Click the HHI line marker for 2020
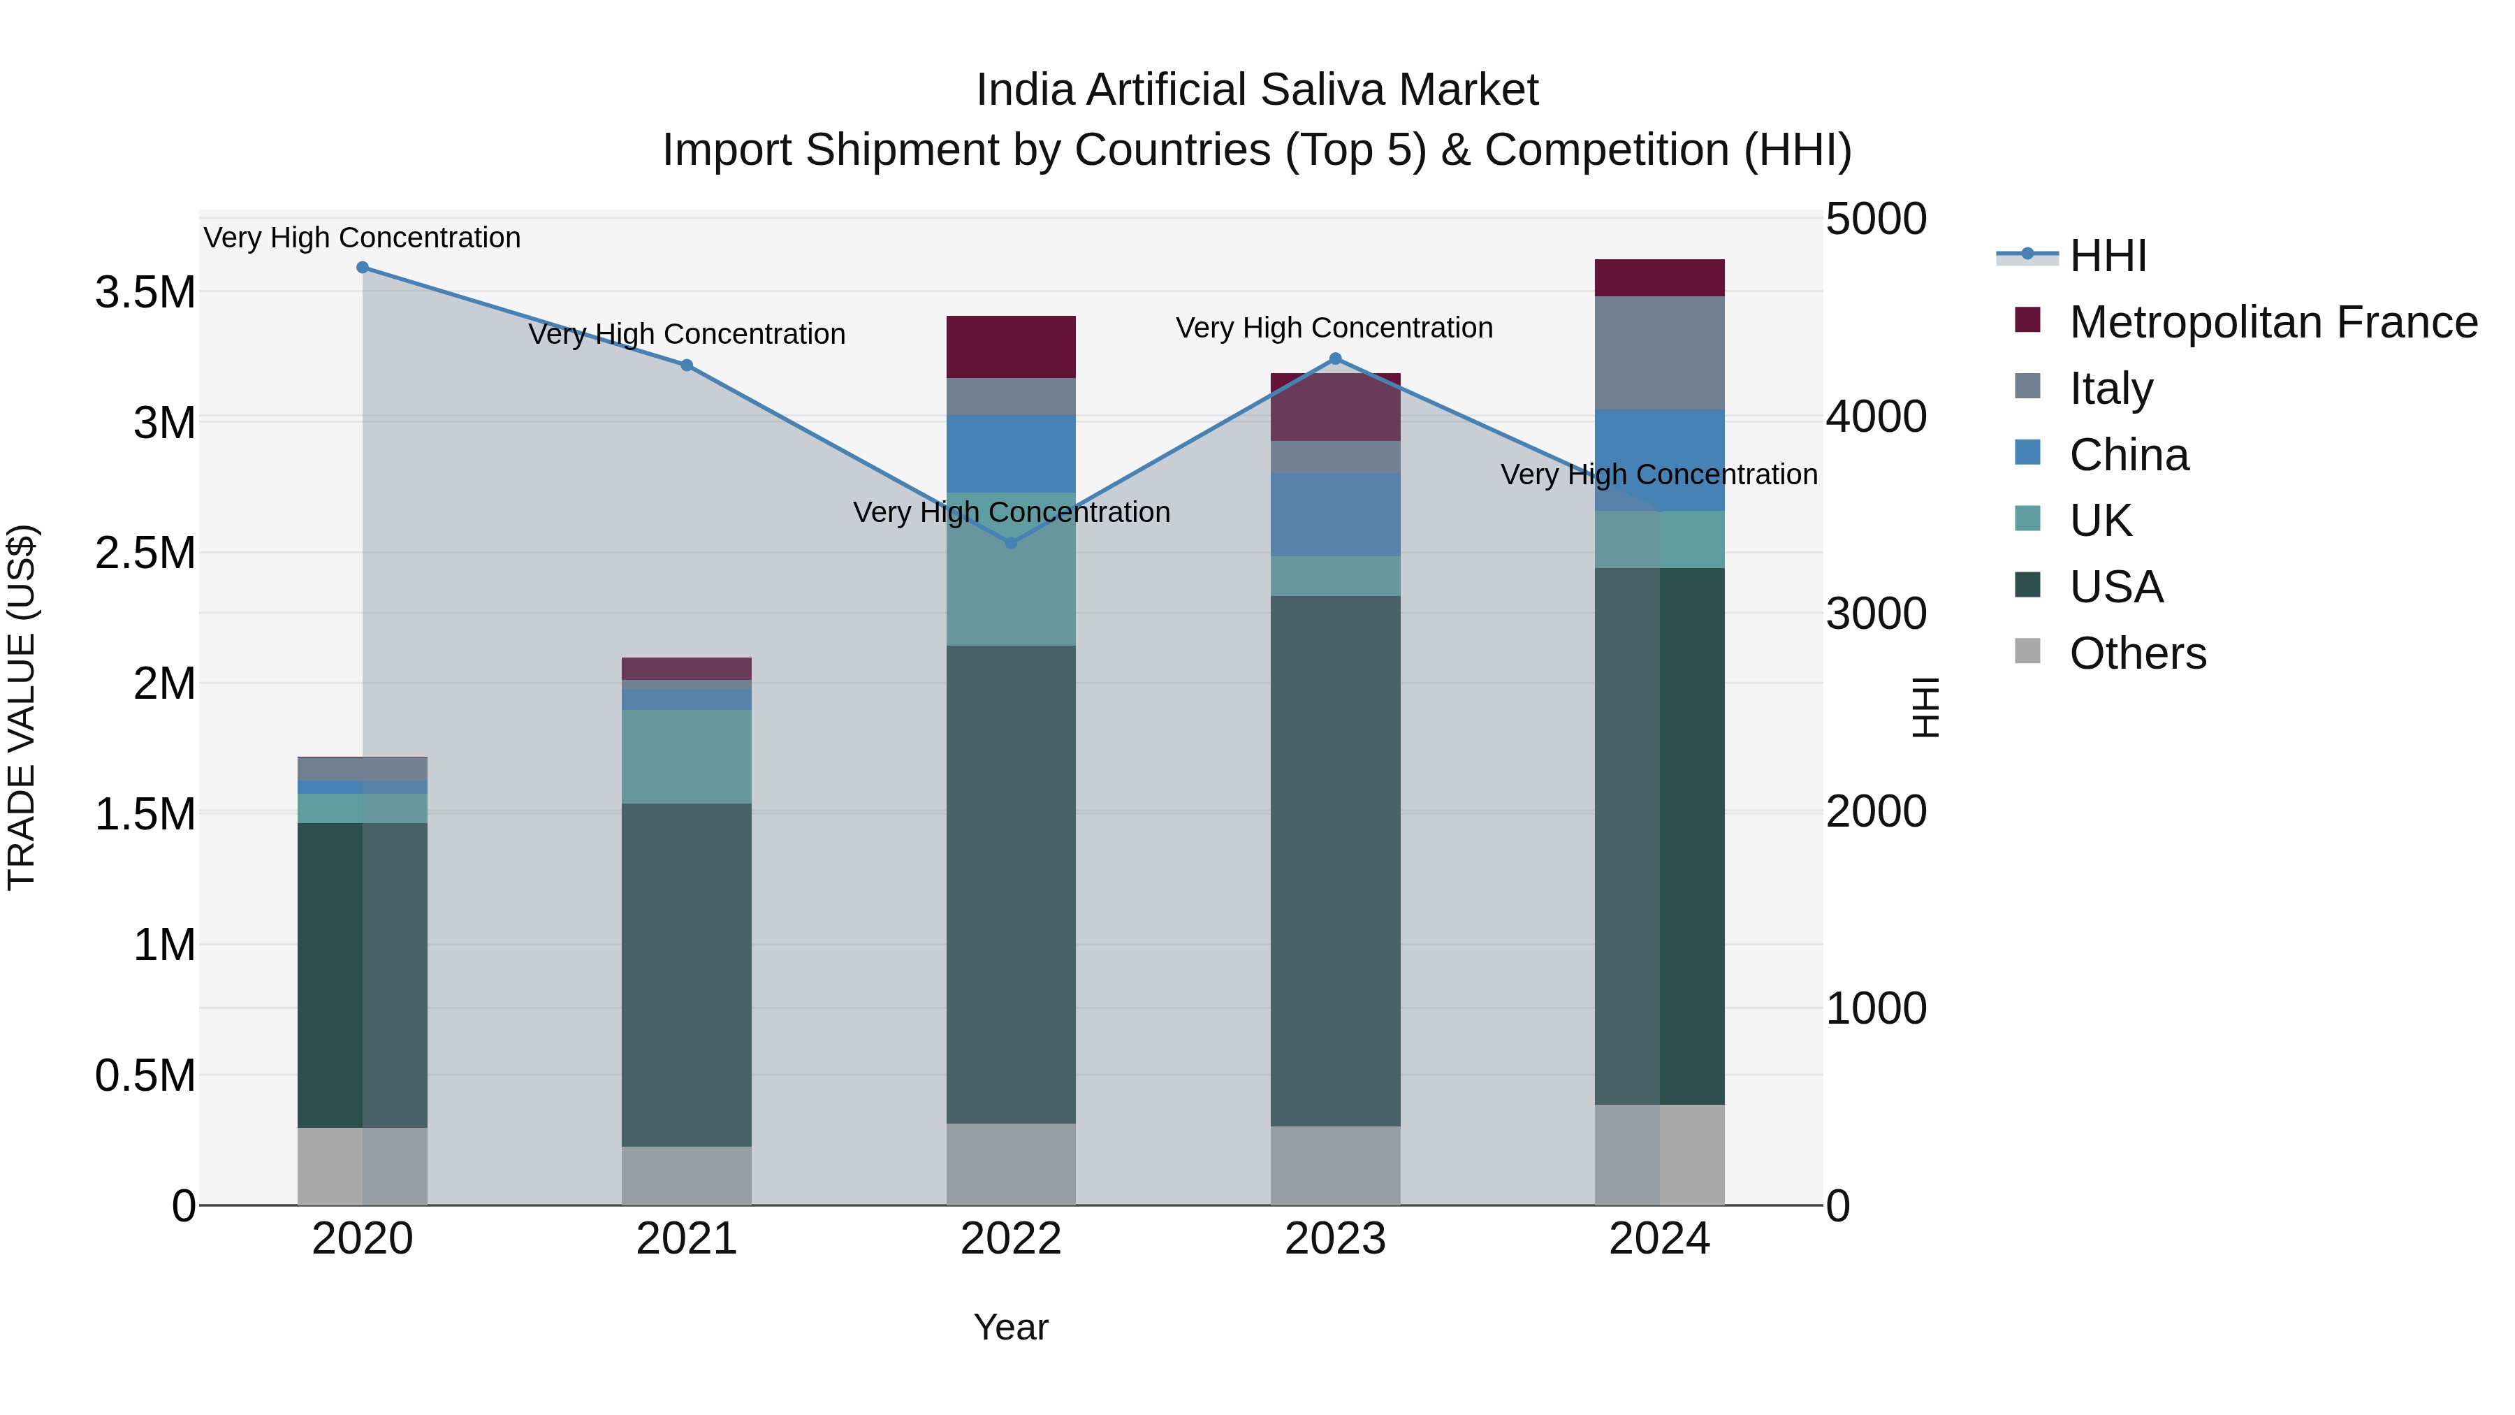(x=362, y=268)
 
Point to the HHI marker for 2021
(x=686, y=365)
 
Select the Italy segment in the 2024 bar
(x=1660, y=353)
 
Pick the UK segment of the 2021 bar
(x=686, y=757)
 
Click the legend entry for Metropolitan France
(x=2273, y=322)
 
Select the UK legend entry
(x=2100, y=521)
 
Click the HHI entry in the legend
(x=2107, y=256)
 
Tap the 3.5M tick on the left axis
(x=145, y=292)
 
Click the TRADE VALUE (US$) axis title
(x=22, y=707)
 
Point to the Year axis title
(x=1010, y=1327)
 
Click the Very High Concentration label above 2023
(x=1334, y=328)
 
